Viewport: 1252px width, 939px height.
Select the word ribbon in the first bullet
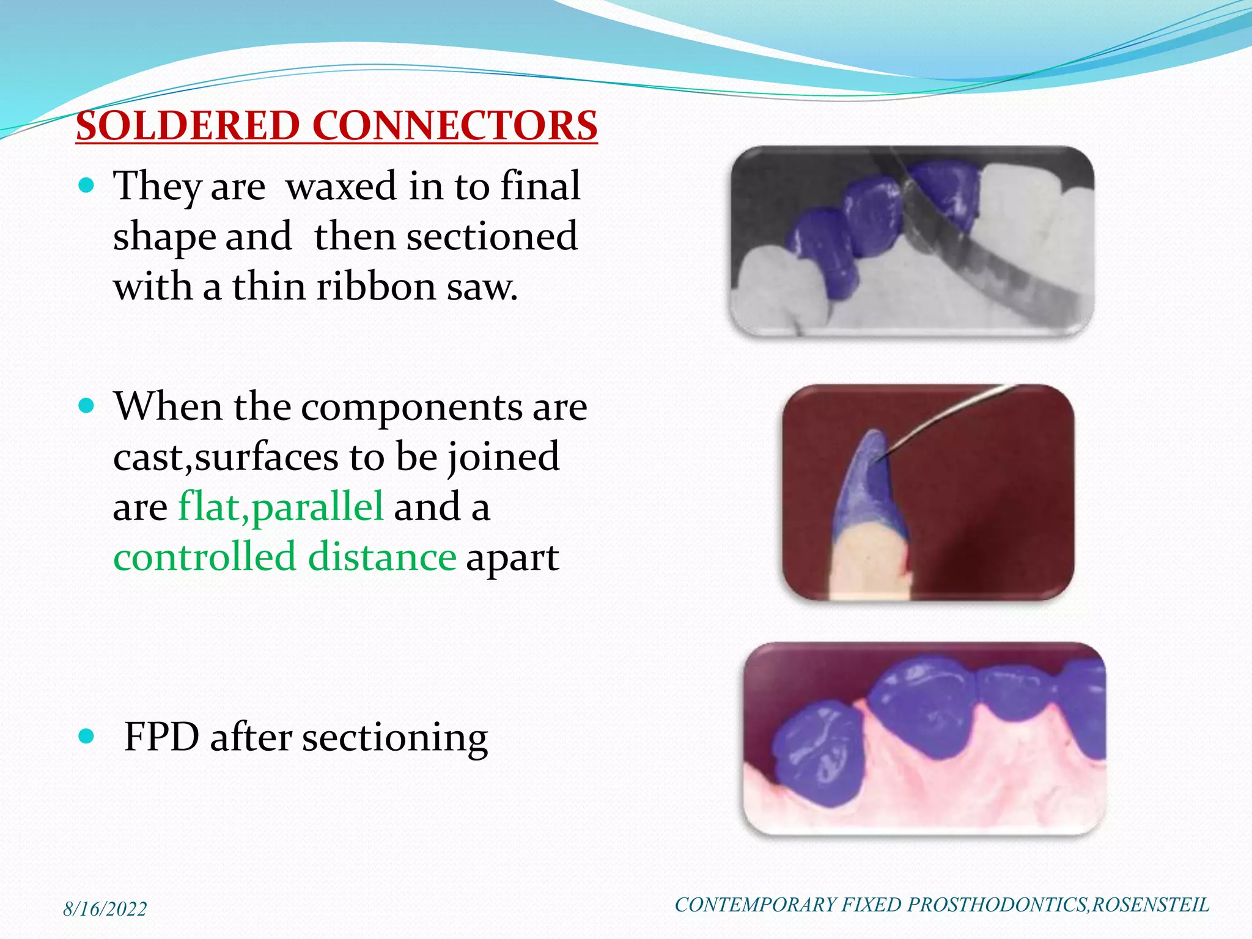click(377, 286)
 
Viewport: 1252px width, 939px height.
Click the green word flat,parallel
click(281, 507)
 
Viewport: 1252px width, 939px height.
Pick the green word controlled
click(204, 557)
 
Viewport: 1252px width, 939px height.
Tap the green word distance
click(382, 557)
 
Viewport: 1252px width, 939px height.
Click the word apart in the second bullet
click(512, 558)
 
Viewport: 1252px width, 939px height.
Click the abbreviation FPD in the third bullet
click(161, 737)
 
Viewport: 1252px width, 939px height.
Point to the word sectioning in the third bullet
click(395, 738)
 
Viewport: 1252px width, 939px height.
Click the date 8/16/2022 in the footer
click(105, 909)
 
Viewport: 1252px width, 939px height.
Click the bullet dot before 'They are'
click(87, 185)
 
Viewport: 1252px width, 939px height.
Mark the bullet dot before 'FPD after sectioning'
click(87, 737)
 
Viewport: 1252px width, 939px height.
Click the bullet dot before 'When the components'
click(87, 406)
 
